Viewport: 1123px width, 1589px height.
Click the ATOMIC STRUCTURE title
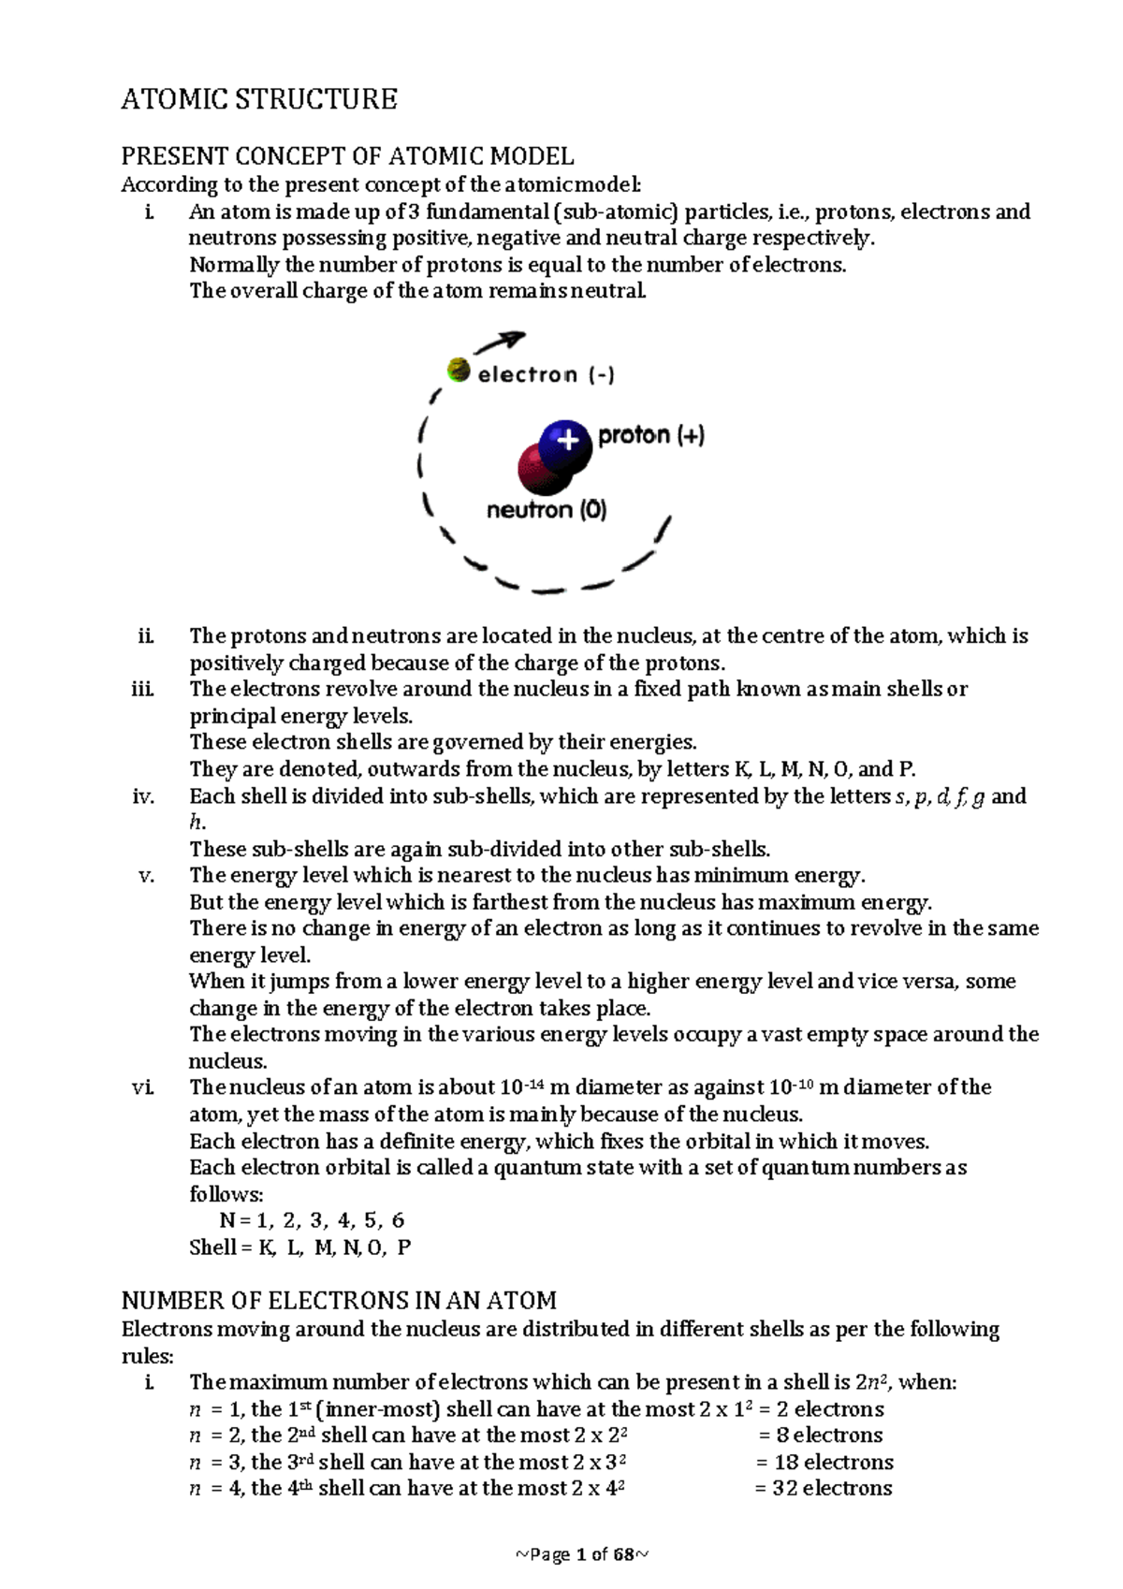pyautogui.click(x=259, y=99)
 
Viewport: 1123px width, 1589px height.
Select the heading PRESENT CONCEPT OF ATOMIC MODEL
pyautogui.click(x=347, y=155)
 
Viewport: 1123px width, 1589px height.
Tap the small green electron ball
pyautogui.click(x=458, y=370)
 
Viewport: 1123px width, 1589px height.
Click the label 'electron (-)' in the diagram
pyautogui.click(x=546, y=375)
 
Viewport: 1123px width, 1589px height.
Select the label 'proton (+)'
pyautogui.click(x=650, y=435)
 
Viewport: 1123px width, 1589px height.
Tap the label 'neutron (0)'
pyautogui.click(x=547, y=510)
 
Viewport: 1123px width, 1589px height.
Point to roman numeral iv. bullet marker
pyautogui.click(x=143, y=796)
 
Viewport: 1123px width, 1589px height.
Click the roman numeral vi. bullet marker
pyautogui.click(x=143, y=1087)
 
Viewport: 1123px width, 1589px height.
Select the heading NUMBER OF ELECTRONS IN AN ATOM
pyautogui.click(x=339, y=1301)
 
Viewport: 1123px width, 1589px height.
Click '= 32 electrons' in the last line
pyautogui.click(x=823, y=1489)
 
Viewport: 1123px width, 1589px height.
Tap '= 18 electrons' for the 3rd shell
pyautogui.click(x=824, y=1463)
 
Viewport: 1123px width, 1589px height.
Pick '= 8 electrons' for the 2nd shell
pyautogui.click(x=820, y=1436)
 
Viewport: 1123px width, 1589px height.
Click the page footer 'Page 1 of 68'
pyautogui.click(x=582, y=1555)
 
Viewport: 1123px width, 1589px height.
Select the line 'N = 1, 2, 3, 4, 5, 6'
pyautogui.click(x=312, y=1220)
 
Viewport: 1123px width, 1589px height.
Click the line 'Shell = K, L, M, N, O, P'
pyautogui.click(x=299, y=1247)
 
